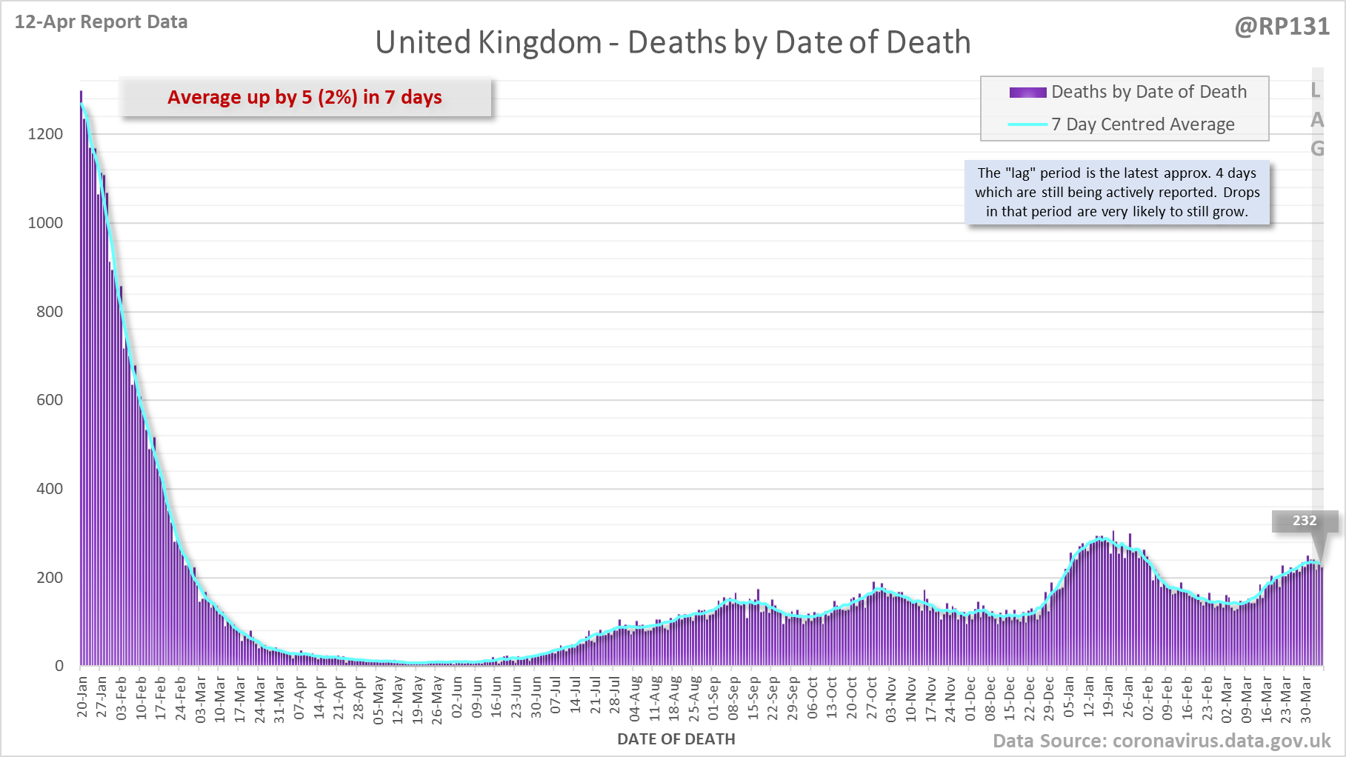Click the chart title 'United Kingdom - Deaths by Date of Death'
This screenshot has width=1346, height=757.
(673, 42)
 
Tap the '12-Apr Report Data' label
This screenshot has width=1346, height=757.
(101, 22)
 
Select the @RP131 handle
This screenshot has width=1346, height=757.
(1282, 27)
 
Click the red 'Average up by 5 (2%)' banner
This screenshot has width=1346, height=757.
(304, 97)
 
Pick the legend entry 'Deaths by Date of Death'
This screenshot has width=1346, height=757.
(1148, 92)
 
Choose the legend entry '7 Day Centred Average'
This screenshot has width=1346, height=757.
(1142, 124)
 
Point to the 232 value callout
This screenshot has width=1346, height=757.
(1305, 521)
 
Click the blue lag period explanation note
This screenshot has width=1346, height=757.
(1117, 192)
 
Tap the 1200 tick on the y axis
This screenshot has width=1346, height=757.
(45, 134)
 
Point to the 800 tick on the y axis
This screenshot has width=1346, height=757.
(50, 312)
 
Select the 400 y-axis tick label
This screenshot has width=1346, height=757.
(50, 489)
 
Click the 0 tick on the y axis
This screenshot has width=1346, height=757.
(59, 666)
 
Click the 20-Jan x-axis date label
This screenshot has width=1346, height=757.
(82, 696)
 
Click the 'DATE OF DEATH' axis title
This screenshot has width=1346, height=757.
(676, 739)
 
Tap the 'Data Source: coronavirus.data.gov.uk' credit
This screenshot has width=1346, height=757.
(1162, 741)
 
